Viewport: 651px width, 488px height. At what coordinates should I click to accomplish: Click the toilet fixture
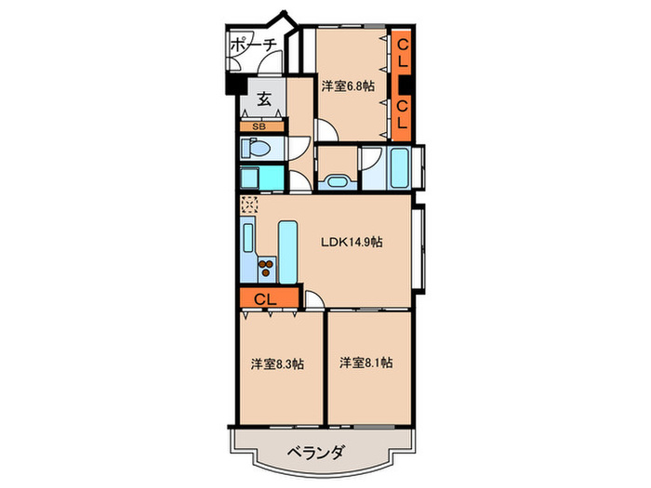(x=254, y=148)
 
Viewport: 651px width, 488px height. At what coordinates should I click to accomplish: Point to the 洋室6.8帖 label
(x=349, y=86)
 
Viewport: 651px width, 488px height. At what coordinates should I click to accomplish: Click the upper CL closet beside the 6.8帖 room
(x=403, y=54)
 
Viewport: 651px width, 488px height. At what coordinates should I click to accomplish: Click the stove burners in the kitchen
(x=266, y=270)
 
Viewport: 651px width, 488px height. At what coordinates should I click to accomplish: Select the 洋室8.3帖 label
(x=276, y=364)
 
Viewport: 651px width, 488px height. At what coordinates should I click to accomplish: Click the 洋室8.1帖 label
(x=365, y=362)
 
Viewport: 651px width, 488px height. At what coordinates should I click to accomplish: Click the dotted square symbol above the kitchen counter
(x=248, y=204)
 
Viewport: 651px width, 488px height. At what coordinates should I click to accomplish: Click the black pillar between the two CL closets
(x=403, y=85)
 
